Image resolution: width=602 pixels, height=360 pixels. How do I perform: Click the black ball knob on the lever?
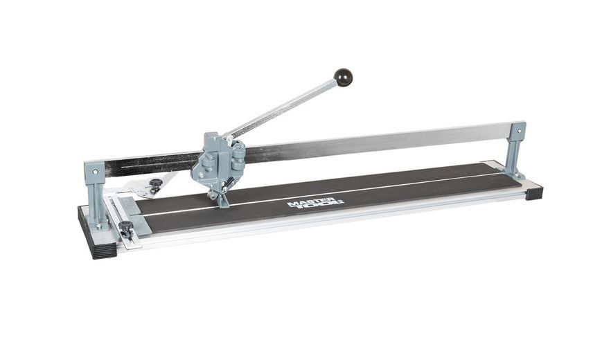pyautogui.click(x=343, y=77)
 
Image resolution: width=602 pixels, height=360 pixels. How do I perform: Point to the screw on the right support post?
pyautogui.click(x=519, y=130)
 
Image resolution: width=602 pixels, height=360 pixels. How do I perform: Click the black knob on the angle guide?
pyautogui.click(x=155, y=184)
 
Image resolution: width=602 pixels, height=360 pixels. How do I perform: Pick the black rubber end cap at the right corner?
pyautogui.click(x=533, y=192)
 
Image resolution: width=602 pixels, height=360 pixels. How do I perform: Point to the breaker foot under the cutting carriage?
pyautogui.click(x=223, y=200)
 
